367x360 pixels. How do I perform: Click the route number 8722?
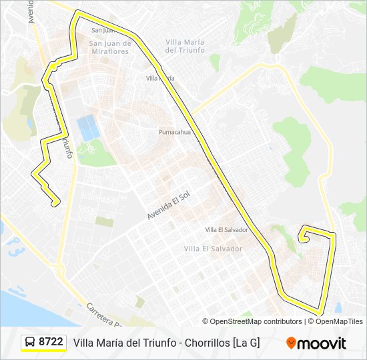(51, 342)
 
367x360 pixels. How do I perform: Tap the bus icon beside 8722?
(30, 343)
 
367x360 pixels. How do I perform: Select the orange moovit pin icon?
(291, 343)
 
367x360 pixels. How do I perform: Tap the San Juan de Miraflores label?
(109, 47)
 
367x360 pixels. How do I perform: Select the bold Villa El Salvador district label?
(213, 249)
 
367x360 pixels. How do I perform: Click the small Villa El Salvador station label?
(226, 230)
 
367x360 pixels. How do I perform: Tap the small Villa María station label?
(160, 79)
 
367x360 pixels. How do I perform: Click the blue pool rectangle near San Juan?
(86, 128)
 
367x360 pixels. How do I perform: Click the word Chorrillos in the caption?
(203, 343)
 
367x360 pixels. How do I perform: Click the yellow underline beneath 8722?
(43, 351)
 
